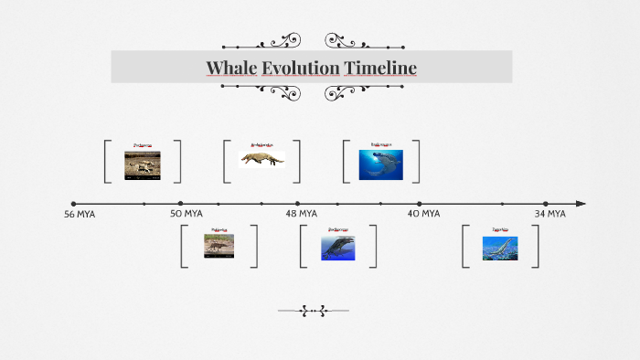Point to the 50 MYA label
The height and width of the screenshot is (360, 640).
187,214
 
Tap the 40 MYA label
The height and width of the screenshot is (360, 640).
423,214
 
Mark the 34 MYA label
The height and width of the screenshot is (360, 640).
549,214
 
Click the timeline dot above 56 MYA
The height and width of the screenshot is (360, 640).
74,204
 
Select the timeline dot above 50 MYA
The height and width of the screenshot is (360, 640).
180,204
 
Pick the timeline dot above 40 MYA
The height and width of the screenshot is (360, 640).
420,204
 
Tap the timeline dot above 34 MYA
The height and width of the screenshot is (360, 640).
546,204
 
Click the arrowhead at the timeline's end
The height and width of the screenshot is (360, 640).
581,204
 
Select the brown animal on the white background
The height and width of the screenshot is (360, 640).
262,160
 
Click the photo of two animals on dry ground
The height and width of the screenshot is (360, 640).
143,164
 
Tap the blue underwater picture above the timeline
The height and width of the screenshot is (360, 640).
380,164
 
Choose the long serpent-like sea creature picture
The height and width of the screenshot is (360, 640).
500,248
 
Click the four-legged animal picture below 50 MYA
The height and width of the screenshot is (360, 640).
219,245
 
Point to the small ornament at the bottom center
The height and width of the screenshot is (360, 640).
313,311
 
